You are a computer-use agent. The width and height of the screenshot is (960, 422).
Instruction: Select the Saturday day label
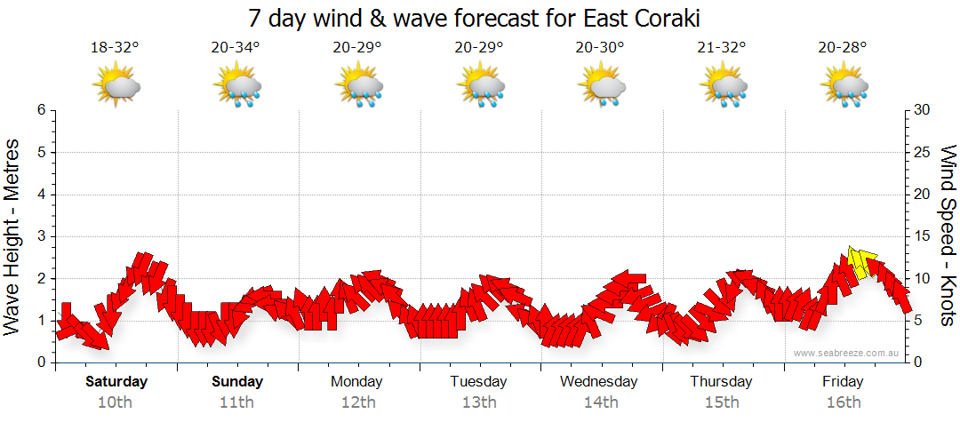pyautogui.click(x=116, y=382)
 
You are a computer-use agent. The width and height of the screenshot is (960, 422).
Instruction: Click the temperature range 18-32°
pyautogui.click(x=115, y=47)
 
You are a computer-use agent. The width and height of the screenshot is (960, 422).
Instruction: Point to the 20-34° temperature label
pyautogui.click(x=236, y=47)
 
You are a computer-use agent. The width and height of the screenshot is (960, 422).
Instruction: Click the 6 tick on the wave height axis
pyautogui.click(x=41, y=110)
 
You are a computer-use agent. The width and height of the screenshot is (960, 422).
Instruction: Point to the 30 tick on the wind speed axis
pyautogui.click(x=923, y=110)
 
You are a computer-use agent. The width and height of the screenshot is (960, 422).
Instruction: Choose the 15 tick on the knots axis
pyautogui.click(x=923, y=236)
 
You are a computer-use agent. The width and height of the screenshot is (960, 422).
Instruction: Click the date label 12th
pyautogui.click(x=357, y=402)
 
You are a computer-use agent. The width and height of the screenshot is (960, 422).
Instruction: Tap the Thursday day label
pyautogui.click(x=721, y=382)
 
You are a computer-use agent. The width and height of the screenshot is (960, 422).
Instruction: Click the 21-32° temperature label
pyautogui.click(x=722, y=47)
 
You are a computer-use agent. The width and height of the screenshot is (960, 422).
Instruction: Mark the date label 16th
pyautogui.click(x=843, y=402)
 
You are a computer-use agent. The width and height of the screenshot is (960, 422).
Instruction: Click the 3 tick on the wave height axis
pyautogui.click(x=41, y=236)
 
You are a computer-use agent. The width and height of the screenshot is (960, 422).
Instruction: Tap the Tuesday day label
pyautogui.click(x=478, y=382)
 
